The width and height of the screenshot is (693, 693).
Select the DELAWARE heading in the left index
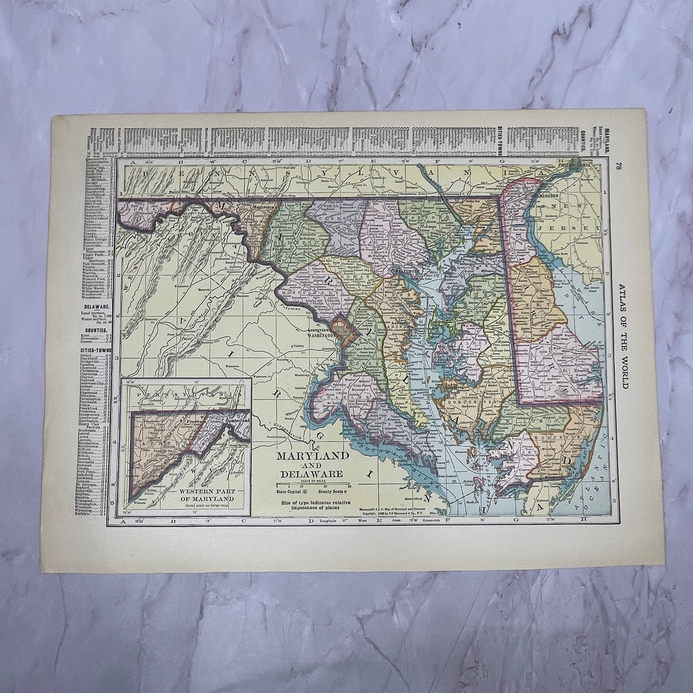(x=95, y=305)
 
